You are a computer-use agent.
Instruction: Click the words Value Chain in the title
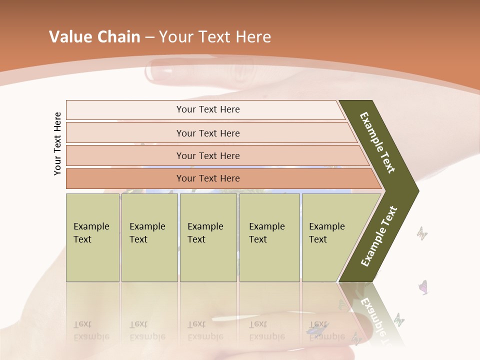[94, 37]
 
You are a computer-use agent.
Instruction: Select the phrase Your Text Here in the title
[215, 37]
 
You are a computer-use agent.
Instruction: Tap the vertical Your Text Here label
[57, 143]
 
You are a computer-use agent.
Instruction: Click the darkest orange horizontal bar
[125, 178]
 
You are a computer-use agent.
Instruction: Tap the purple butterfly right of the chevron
[423, 287]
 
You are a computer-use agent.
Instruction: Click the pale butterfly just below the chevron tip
[422, 232]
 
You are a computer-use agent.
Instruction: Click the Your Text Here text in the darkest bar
[208, 178]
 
